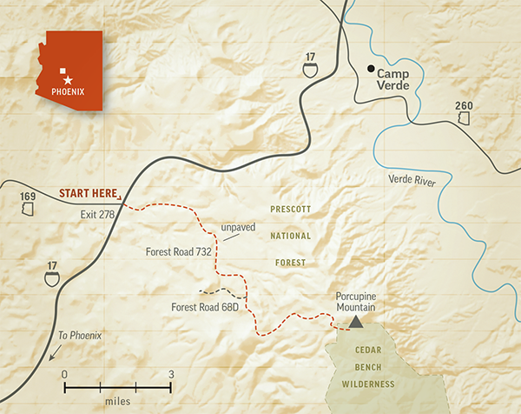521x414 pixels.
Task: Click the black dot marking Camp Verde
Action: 371,69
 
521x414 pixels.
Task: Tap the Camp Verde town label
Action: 399,80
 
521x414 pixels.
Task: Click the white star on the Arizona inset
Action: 69,80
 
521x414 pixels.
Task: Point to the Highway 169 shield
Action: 29,203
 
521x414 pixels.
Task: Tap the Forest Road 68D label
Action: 204,305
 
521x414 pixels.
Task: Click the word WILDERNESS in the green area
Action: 368,384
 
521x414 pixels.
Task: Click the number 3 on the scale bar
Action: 171,374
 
